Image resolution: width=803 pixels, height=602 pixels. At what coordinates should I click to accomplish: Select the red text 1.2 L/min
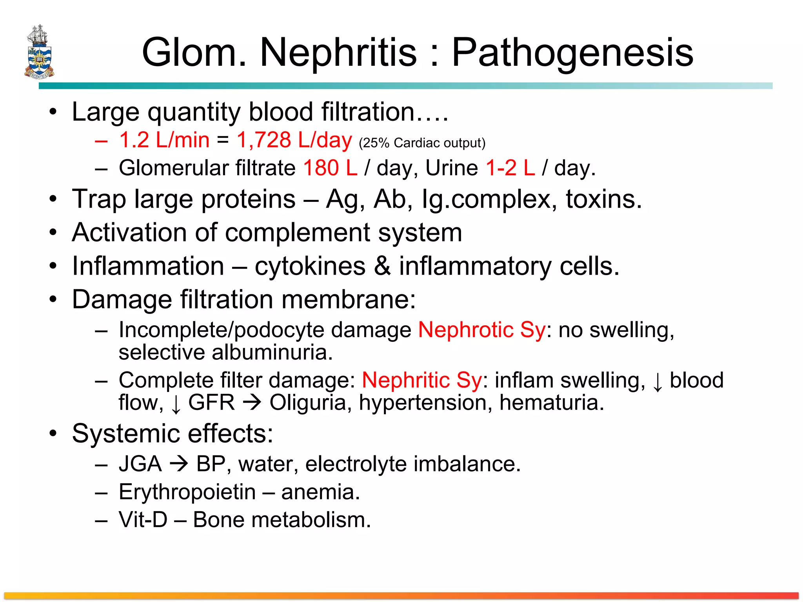point(164,140)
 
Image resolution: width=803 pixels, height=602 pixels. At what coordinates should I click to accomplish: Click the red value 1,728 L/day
point(294,140)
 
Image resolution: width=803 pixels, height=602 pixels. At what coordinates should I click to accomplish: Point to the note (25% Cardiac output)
point(422,143)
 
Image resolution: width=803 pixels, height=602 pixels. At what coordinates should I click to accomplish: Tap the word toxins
point(603,199)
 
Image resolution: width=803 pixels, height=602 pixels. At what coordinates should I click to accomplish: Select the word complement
point(297,232)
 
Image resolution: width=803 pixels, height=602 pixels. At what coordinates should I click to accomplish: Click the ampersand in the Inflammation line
point(382,266)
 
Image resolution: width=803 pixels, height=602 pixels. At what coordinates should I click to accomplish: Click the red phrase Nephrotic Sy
point(481,330)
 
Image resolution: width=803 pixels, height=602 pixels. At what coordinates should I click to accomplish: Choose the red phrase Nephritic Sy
point(421,380)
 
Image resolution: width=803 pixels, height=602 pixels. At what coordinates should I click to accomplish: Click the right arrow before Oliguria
point(252,403)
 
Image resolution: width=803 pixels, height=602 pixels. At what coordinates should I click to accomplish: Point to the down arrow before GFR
point(176,404)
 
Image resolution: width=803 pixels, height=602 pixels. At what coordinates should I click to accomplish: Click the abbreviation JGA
point(140,464)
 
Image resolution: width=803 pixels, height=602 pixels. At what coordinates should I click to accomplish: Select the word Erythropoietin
point(187,492)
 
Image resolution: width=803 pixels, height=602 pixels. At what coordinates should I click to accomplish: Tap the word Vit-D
point(143,520)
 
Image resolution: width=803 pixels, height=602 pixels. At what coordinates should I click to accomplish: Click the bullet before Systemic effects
point(53,434)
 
